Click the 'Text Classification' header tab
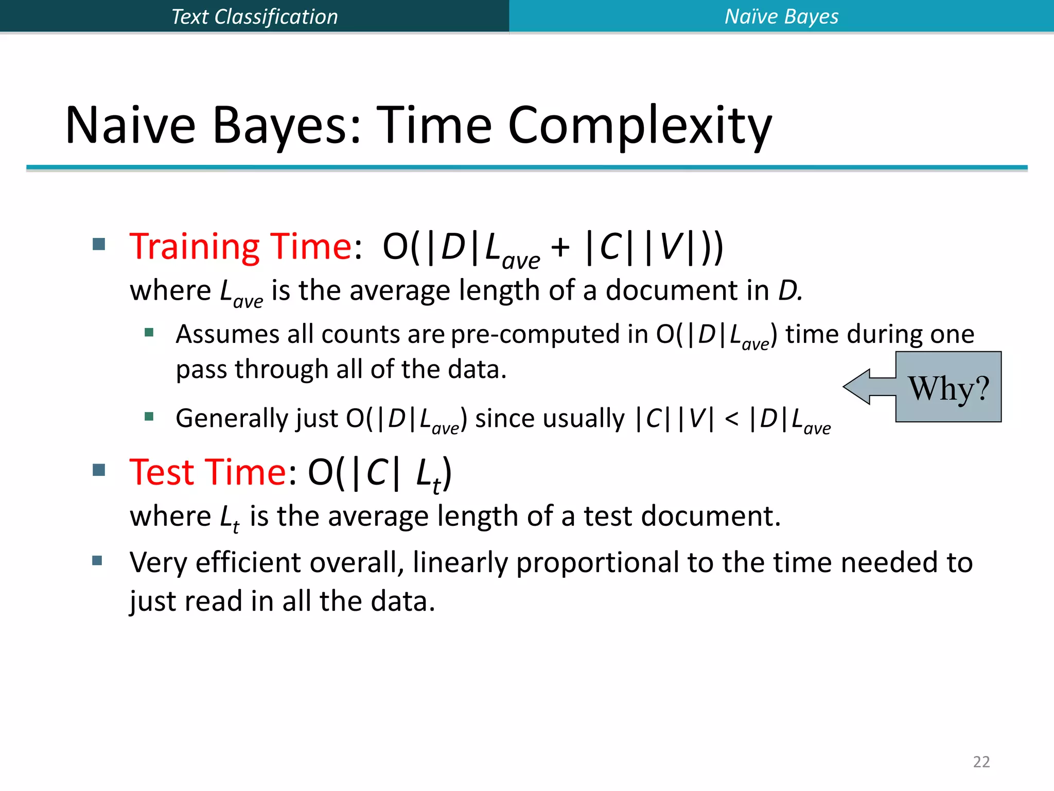254,16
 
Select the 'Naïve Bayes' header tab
781,16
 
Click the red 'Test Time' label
208,472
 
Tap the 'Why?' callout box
948,387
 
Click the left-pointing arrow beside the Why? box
869,387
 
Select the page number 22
981,762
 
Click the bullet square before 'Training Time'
99,244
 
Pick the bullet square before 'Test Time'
99,470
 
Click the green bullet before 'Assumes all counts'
149,332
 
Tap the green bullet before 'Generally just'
149,416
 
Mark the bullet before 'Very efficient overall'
97,560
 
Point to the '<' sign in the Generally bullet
731,419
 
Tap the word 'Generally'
231,419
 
